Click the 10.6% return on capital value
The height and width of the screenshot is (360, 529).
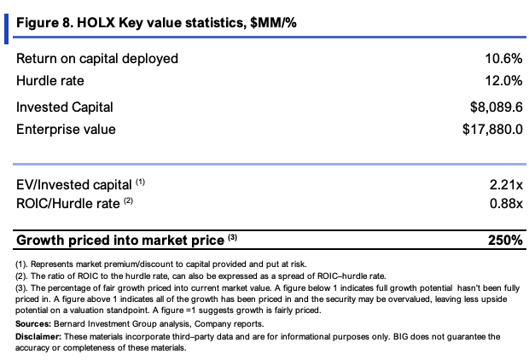503,59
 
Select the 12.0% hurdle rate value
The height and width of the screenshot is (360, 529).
503,81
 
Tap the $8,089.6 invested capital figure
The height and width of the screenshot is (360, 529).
497,107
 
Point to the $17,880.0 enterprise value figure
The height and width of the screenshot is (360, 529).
492,129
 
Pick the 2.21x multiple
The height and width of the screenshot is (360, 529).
506,185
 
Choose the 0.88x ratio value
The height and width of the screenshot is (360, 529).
506,203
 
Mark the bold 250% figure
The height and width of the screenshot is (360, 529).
505,241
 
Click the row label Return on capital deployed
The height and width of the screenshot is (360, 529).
97,59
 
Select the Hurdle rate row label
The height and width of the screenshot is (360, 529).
50,81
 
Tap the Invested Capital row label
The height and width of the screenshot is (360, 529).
65,107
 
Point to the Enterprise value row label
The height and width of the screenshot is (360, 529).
66,130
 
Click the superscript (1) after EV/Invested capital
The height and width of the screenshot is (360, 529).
140,183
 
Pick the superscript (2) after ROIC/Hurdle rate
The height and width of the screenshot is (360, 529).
128,201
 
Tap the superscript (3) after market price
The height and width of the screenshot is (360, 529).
232,237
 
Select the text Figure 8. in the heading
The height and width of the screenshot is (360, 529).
44,23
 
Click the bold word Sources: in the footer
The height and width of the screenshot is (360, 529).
33,324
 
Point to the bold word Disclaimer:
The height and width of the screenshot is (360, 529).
38,337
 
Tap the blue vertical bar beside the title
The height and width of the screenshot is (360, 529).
6,29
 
